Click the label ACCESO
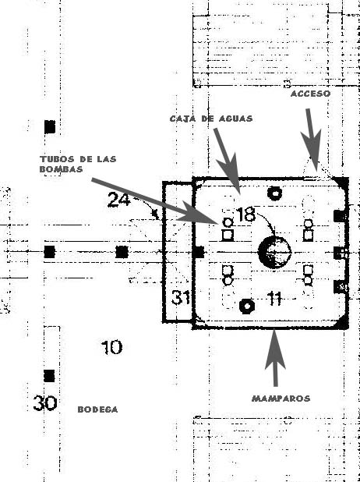[x=310, y=94]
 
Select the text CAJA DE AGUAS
[x=211, y=119]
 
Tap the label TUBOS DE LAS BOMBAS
[x=78, y=164]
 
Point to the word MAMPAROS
[x=281, y=399]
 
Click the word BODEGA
[x=97, y=409]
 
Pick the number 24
[x=119, y=200]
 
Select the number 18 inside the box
[x=246, y=214]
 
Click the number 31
[x=181, y=297]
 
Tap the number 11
[x=274, y=299]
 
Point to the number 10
[x=111, y=347]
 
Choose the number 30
[x=45, y=403]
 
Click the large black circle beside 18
[x=274, y=253]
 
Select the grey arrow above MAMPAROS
[x=275, y=357]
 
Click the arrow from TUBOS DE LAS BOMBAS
[x=155, y=200]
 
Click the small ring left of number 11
[x=247, y=307]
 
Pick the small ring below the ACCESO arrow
[x=275, y=193]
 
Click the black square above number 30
[x=49, y=376]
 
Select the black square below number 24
[x=122, y=252]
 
